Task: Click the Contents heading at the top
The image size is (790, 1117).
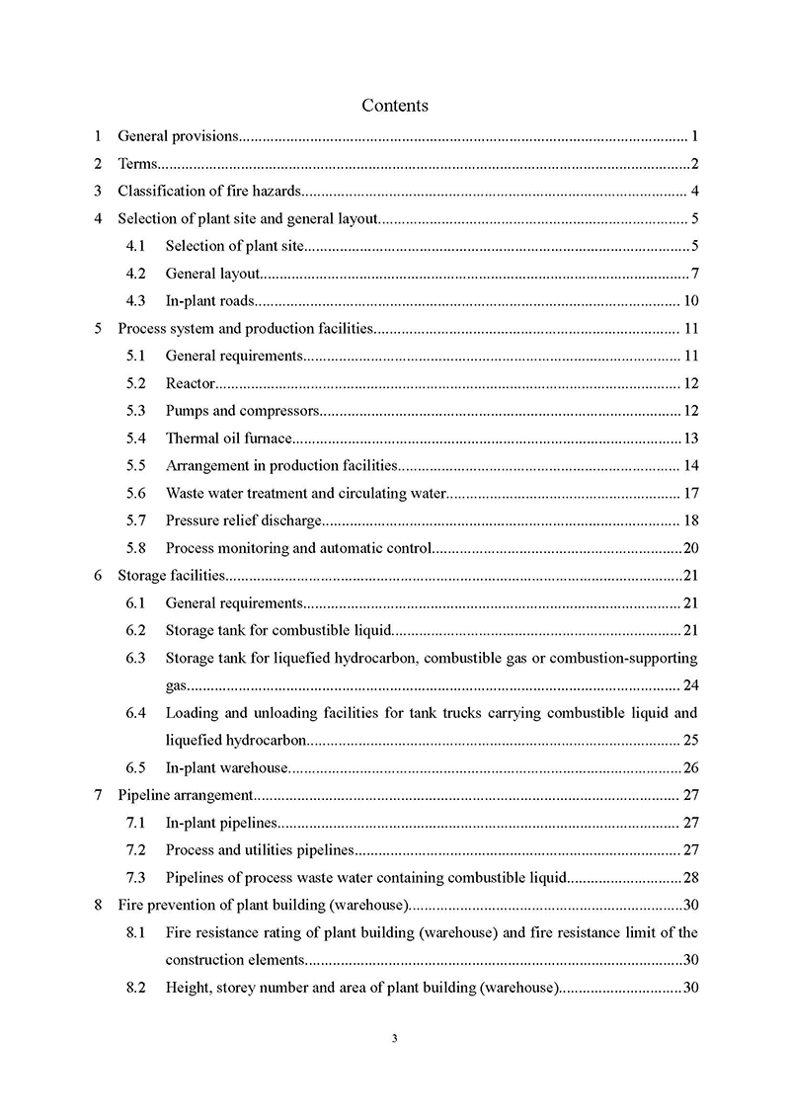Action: point(395,105)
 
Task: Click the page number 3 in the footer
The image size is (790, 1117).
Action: point(395,1038)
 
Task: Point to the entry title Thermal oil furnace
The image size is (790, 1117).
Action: point(229,438)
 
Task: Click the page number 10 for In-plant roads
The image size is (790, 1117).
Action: point(691,301)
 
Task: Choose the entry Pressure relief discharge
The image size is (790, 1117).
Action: point(244,520)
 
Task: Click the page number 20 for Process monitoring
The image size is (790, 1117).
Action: point(691,548)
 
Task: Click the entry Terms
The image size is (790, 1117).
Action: point(137,164)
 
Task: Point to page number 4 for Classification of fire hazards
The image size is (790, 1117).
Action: point(695,192)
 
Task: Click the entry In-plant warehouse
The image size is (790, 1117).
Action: point(226,767)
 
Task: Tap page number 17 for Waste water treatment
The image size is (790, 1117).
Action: point(691,493)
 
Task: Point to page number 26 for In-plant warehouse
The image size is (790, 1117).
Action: point(691,767)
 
